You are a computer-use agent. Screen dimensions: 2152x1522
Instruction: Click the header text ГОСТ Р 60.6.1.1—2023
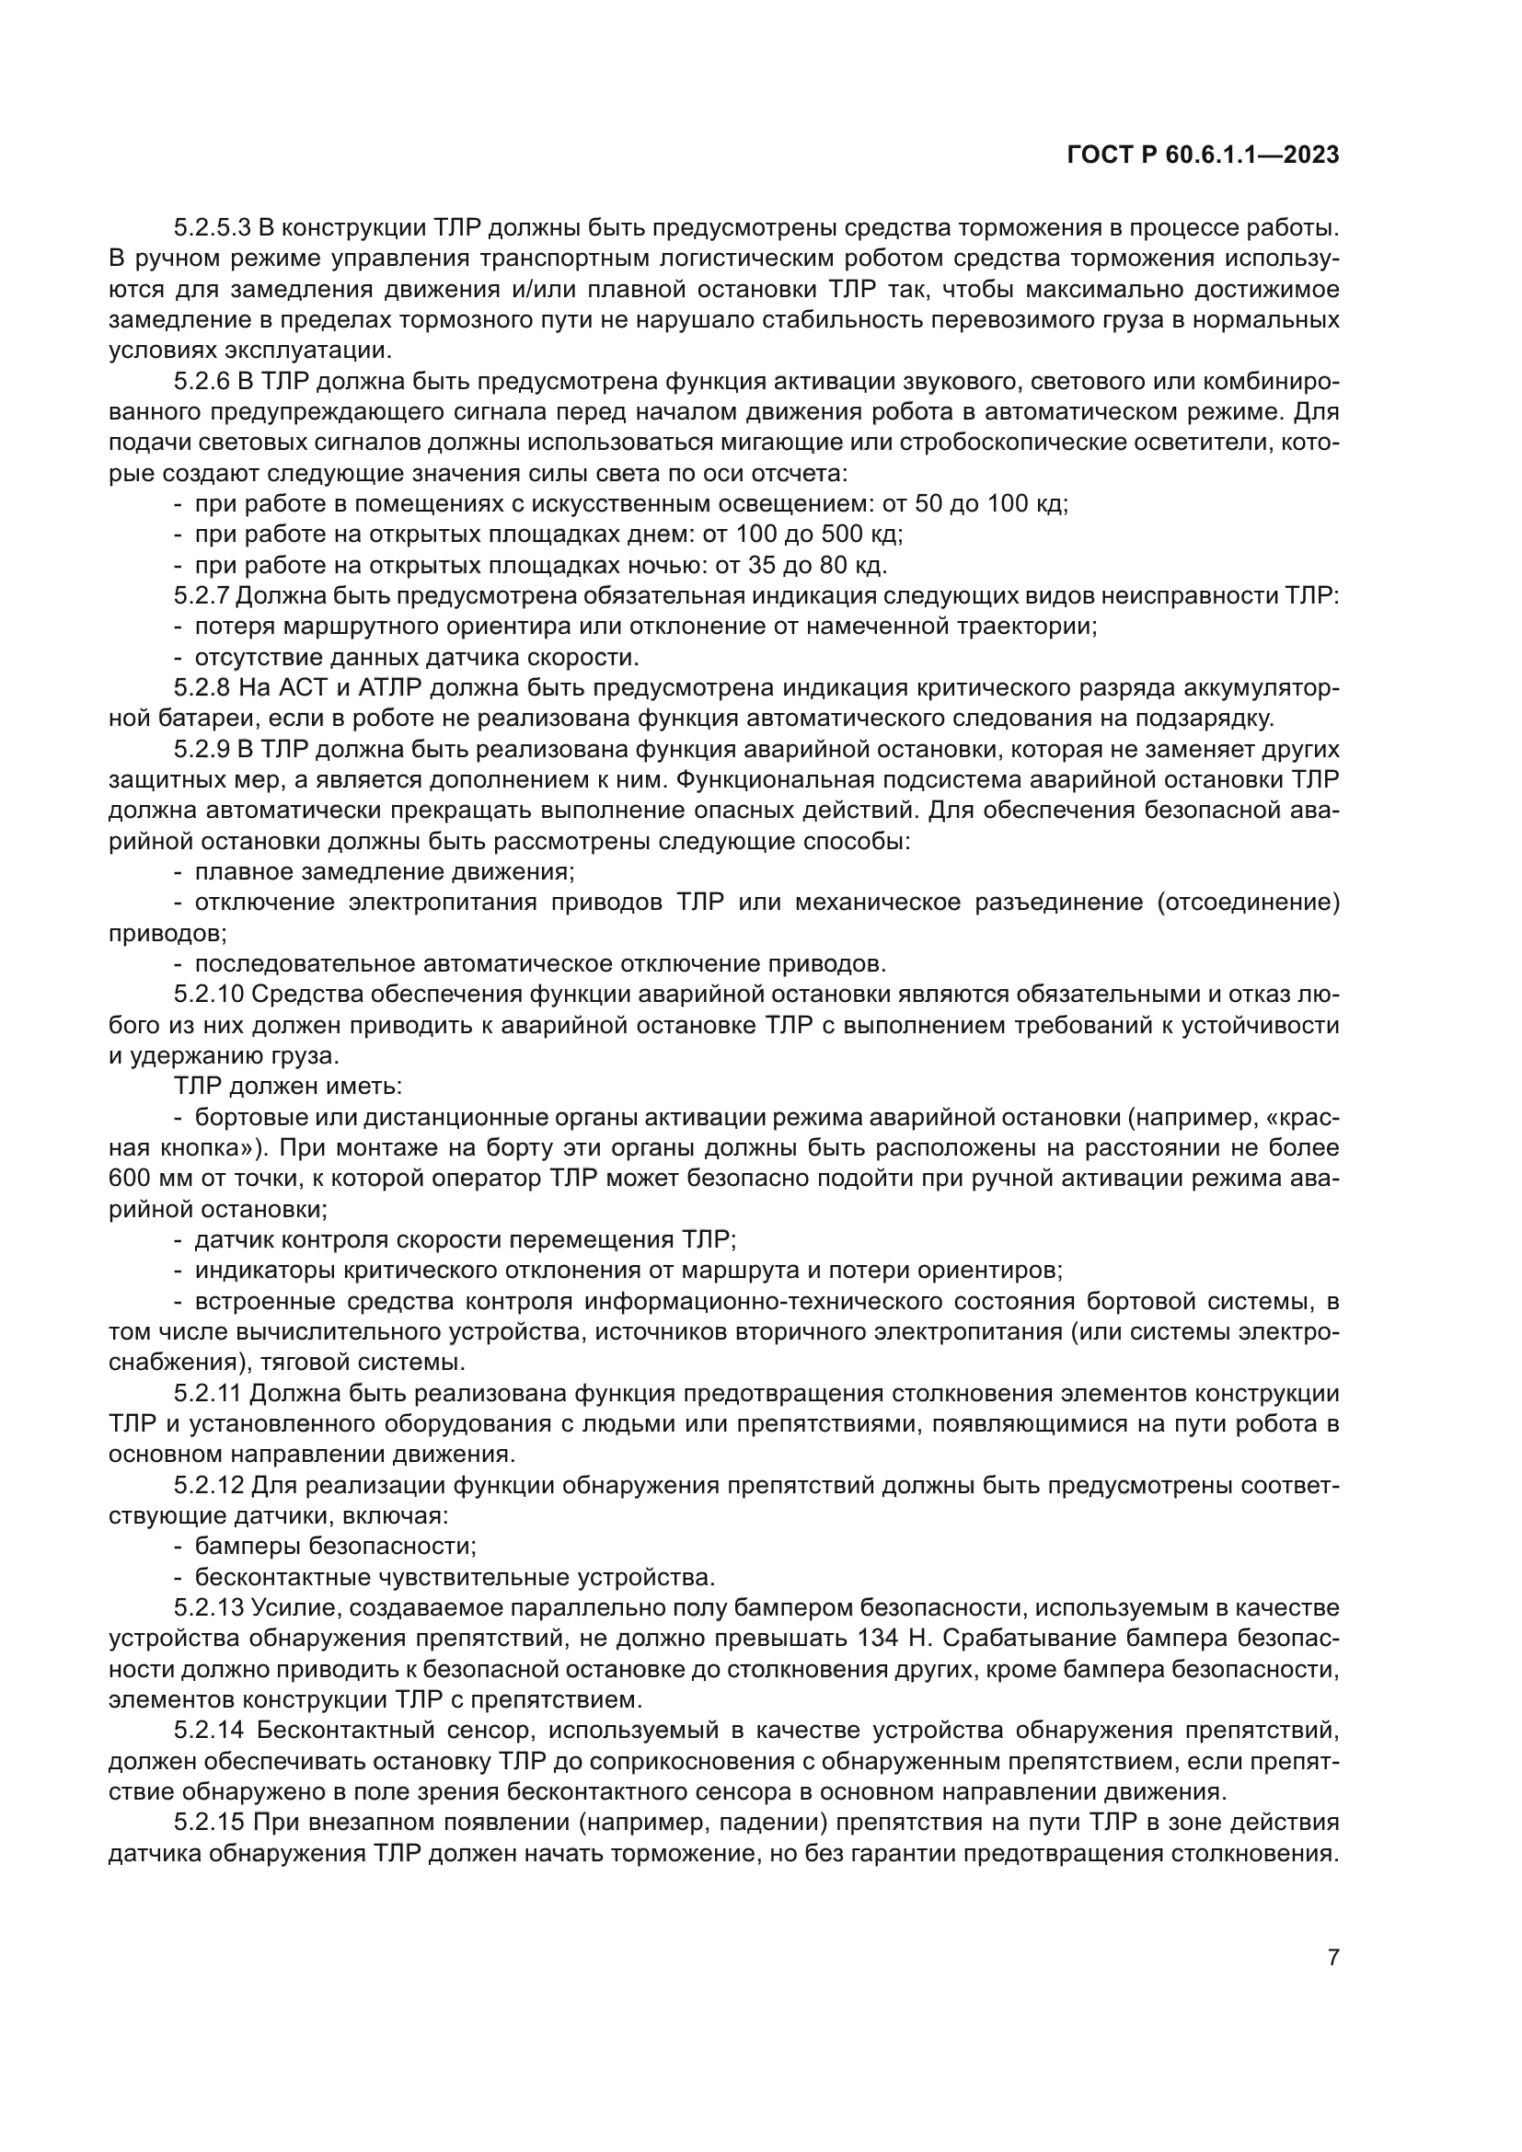[x=1204, y=155]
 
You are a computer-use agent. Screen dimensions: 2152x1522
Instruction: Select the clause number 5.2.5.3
[x=212, y=228]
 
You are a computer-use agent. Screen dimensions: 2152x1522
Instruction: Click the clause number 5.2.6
[x=201, y=382]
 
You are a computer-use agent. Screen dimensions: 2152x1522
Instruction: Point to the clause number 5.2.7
[x=201, y=596]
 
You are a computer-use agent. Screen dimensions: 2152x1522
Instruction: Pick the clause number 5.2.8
[x=201, y=688]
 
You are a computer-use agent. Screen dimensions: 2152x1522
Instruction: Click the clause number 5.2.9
[x=201, y=750]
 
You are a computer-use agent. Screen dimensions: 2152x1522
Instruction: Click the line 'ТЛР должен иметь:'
[x=288, y=1088]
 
